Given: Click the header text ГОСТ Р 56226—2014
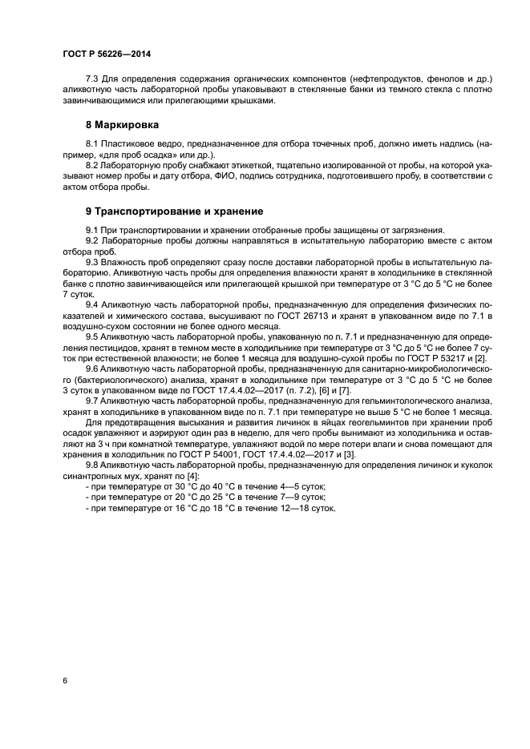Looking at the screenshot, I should [x=106, y=54].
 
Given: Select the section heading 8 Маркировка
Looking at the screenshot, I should [x=122, y=126].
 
